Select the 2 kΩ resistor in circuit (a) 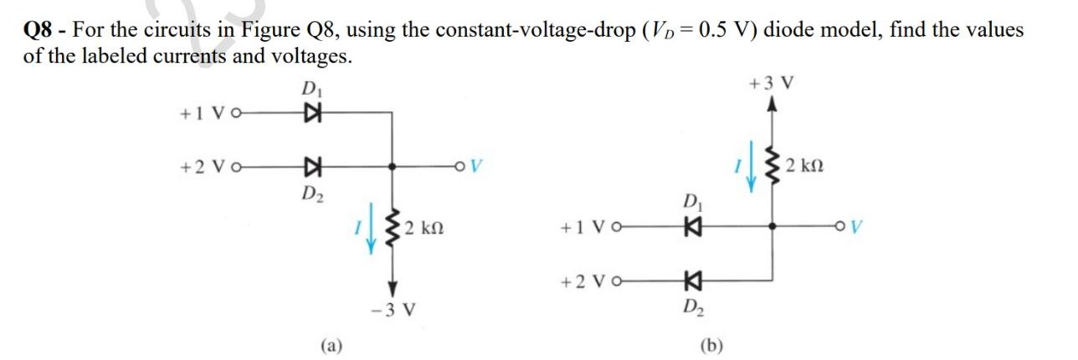click(392, 226)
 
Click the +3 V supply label click(773, 84)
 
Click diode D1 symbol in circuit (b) click(691, 226)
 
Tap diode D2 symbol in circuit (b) click(691, 280)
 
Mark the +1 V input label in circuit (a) click(203, 112)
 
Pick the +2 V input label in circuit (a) click(203, 167)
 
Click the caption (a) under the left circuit click(331, 343)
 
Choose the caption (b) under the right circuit click(712, 343)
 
